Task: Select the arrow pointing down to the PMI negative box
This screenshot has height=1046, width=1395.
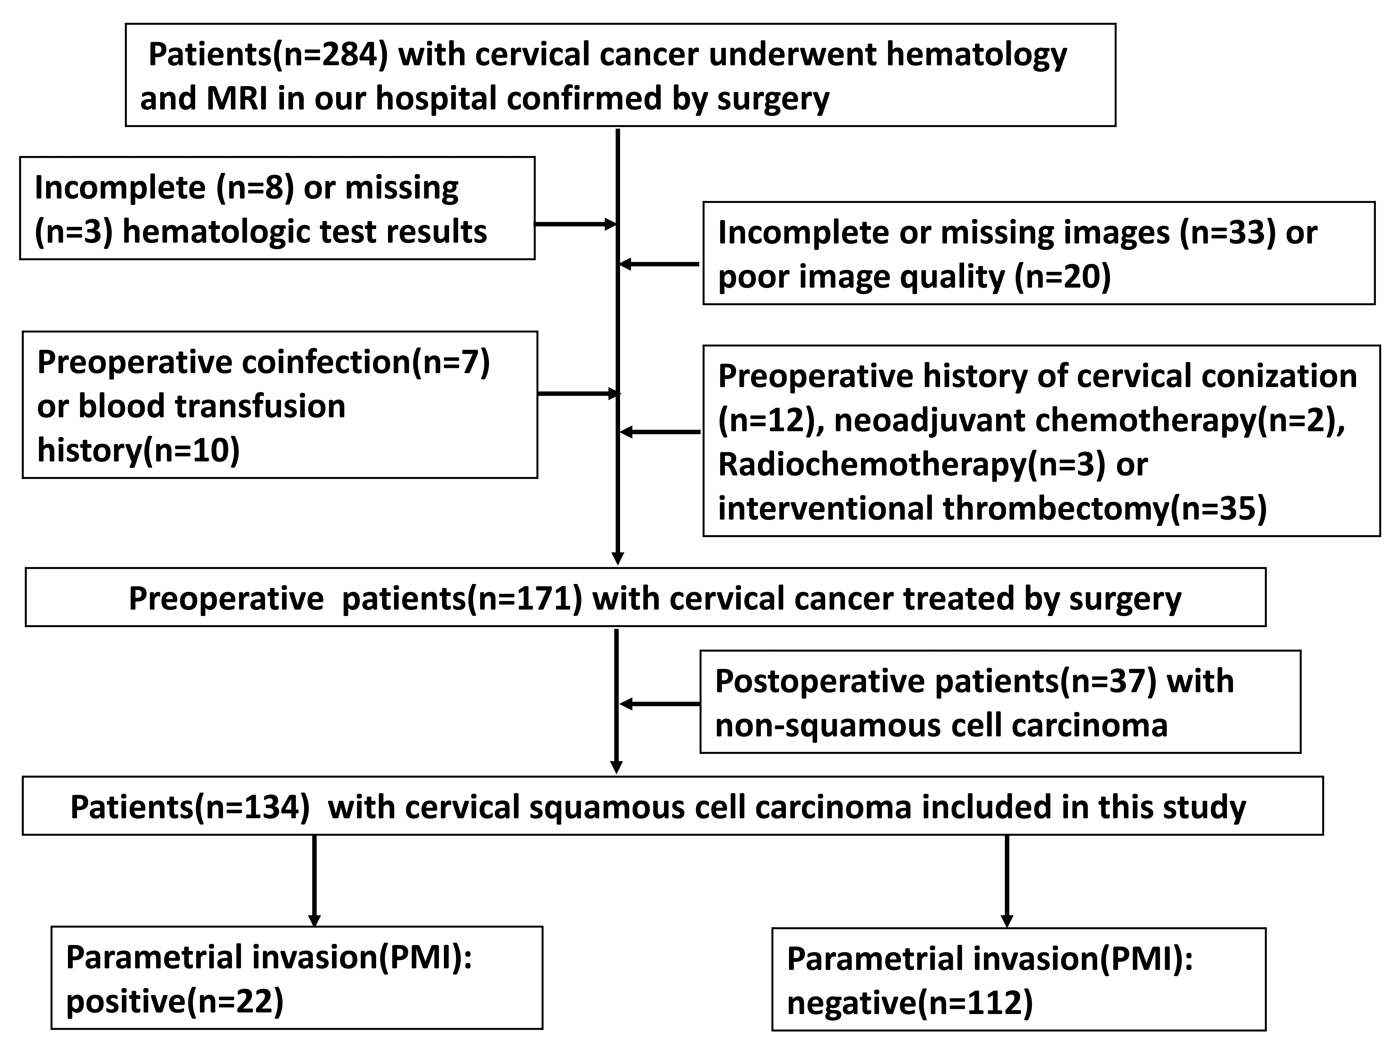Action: [1007, 881]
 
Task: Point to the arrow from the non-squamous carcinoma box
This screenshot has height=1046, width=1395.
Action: [660, 704]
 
